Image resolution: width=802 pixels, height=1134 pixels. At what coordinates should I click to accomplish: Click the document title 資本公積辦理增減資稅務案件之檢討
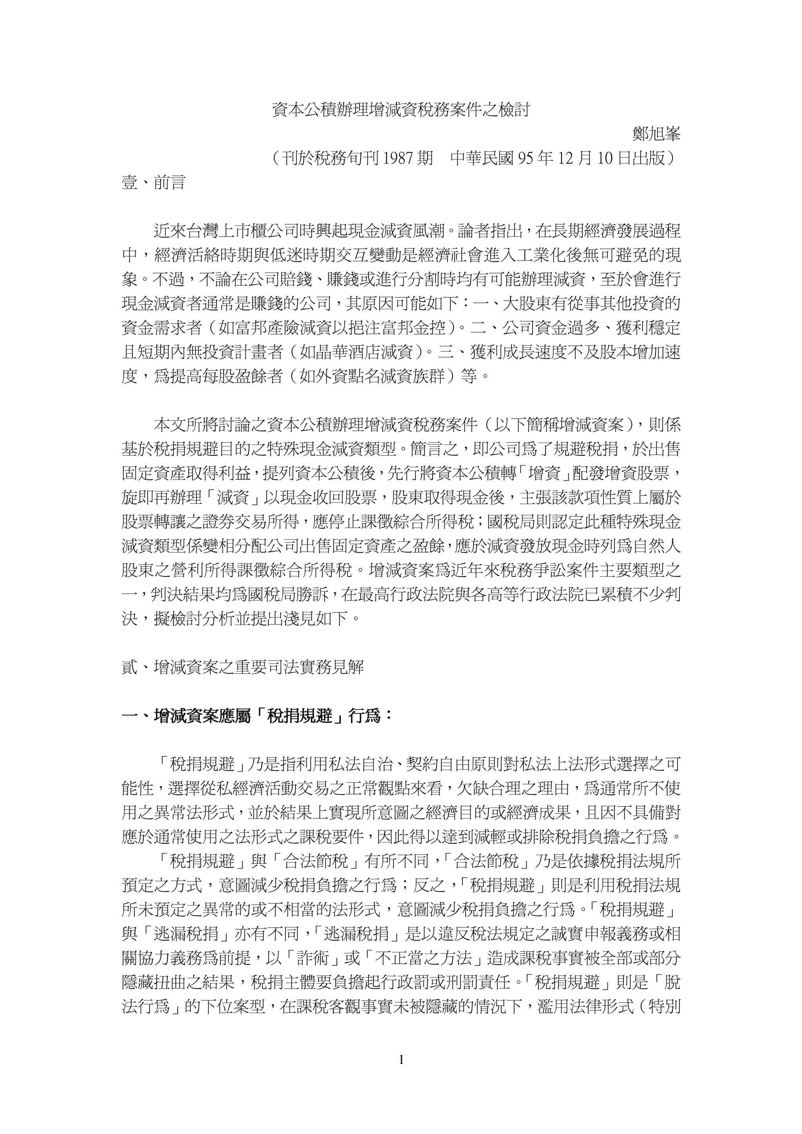[401, 109]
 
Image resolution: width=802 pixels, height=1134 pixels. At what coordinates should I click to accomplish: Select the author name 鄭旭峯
[656, 134]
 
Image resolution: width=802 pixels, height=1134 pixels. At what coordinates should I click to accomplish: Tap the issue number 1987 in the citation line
[399, 158]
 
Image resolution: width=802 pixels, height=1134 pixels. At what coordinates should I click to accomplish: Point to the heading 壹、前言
[153, 183]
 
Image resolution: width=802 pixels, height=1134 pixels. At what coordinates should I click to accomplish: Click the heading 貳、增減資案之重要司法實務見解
[243, 667]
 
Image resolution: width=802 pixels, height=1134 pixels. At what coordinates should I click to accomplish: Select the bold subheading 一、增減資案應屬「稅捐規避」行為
[257, 716]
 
